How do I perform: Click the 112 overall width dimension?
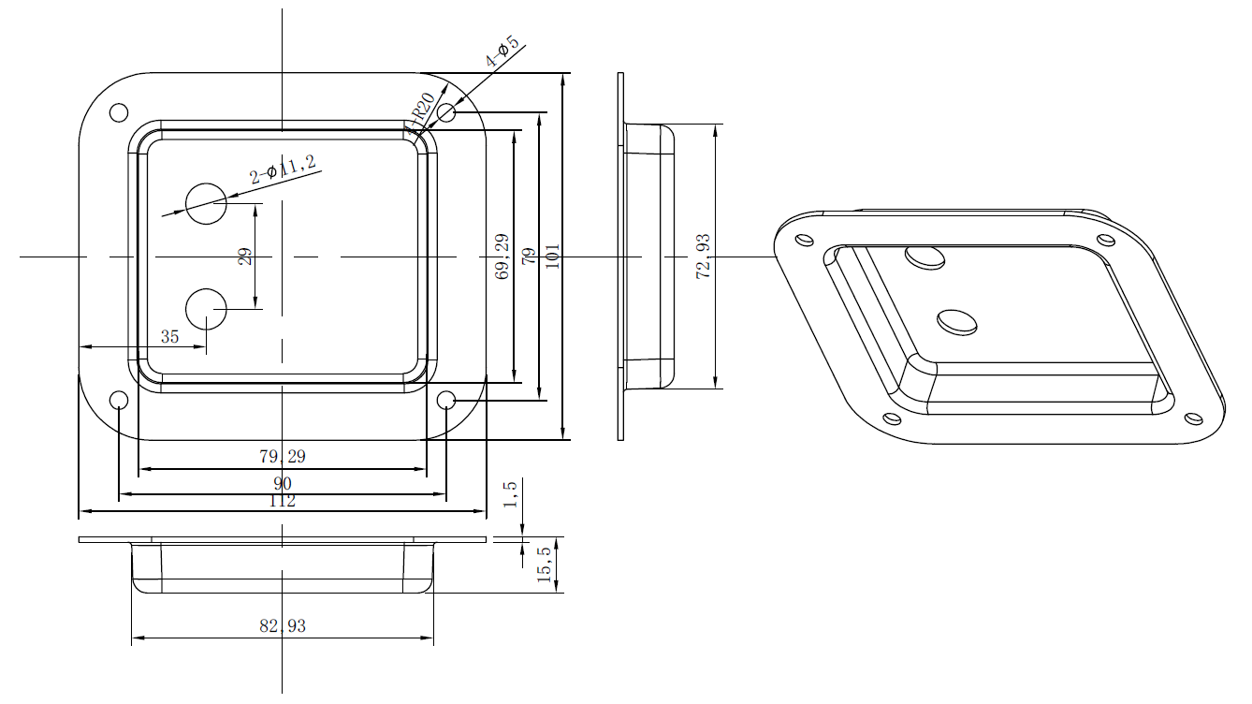pyautogui.click(x=282, y=502)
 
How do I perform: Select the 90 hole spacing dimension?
pyautogui.click(x=282, y=483)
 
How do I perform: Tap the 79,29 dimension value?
pyautogui.click(x=282, y=457)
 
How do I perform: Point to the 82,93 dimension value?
pyautogui.click(x=282, y=626)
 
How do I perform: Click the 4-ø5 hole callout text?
pyautogui.click(x=502, y=52)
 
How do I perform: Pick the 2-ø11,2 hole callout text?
pyautogui.click(x=283, y=171)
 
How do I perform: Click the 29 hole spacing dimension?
pyautogui.click(x=245, y=257)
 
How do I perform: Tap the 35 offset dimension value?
pyautogui.click(x=169, y=337)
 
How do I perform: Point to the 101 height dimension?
pyautogui.click(x=552, y=256)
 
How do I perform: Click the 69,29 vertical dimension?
pyautogui.click(x=502, y=257)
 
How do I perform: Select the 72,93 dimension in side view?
pyautogui.click(x=704, y=256)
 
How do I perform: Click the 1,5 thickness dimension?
pyautogui.click(x=510, y=493)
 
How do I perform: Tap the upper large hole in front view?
pyautogui.click(x=206, y=203)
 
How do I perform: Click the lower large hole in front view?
pyautogui.click(x=206, y=308)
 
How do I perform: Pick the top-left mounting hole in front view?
pyautogui.click(x=119, y=112)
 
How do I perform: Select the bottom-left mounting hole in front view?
pyautogui.click(x=119, y=401)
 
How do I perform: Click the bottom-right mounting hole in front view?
pyautogui.click(x=446, y=401)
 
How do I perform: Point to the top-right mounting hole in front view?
pyautogui.click(x=446, y=113)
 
